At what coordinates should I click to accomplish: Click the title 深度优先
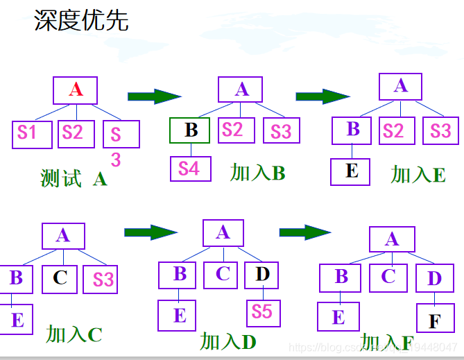click(x=81, y=20)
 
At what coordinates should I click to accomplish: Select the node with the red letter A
click(x=76, y=90)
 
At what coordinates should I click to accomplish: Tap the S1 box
click(x=31, y=134)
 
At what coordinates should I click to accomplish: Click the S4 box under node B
click(x=189, y=169)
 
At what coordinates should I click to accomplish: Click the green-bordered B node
click(x=191, y=130)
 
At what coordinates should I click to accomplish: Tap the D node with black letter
click(x=261, y=275)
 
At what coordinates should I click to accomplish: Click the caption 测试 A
click(x=74, y=179)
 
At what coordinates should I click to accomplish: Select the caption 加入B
click(x=257, y=173)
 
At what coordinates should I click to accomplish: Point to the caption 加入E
click(x=418, y=175)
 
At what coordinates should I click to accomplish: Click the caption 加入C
click(x=74, y=334)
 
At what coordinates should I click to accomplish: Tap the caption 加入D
click(x=228, y=341)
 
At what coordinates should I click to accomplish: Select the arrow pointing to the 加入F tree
click(x=304, y=232)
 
